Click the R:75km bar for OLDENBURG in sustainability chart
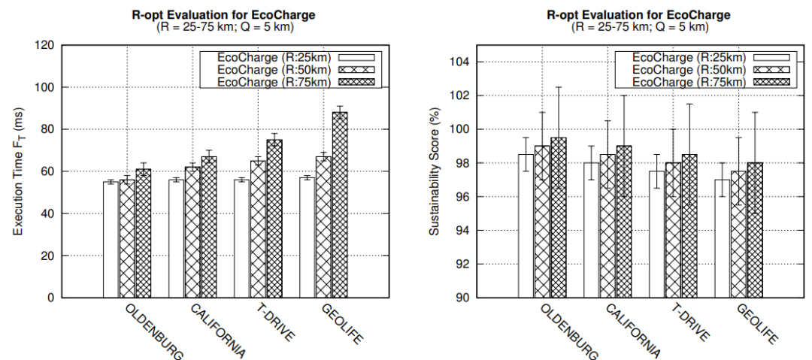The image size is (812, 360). pos(559,217)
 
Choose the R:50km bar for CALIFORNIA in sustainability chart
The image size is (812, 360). pos(607,225)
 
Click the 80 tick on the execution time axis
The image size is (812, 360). pos(48,129)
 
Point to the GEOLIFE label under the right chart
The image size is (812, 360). pos(756,324)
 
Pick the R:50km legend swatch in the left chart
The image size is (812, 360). pos(358,69)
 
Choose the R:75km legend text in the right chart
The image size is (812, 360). pos(689,81)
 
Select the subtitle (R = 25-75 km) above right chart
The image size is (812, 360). pos(638,27)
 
